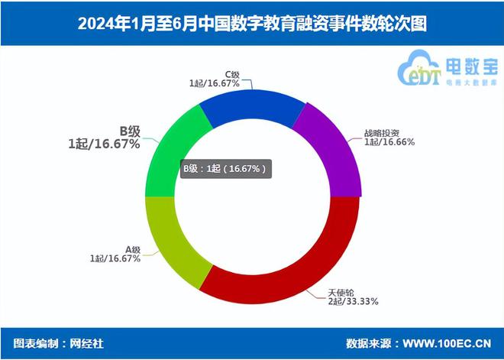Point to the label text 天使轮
341,292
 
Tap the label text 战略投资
379,131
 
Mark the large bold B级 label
128,131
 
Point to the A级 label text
133,249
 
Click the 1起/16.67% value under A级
115,259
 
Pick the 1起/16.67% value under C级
214,83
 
